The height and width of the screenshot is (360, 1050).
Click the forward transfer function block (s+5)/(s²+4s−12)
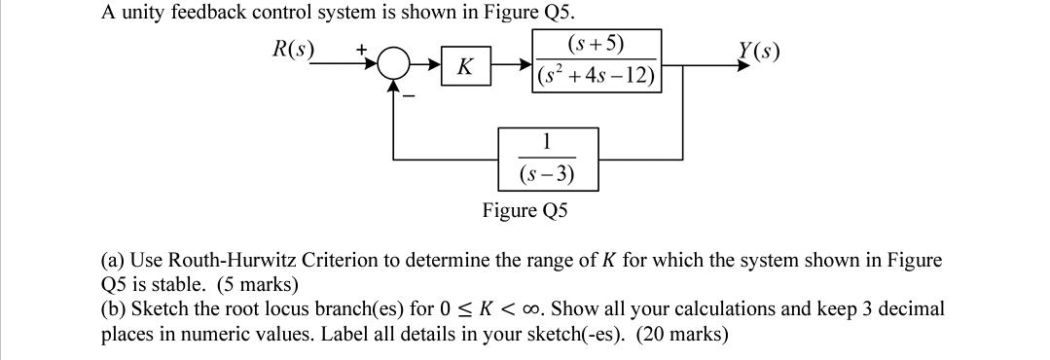point(597,60)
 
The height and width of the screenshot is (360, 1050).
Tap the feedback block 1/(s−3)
point(547,158)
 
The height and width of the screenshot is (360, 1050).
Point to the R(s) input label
point(292,50)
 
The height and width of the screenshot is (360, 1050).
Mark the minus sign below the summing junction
point(412,94)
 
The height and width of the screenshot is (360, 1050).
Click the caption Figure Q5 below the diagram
point(525,210)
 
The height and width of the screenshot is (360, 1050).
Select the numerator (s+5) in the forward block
point(596,44)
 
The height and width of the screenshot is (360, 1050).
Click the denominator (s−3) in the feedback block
point(547,175)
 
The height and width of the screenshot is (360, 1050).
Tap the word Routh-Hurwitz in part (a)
point(229,261)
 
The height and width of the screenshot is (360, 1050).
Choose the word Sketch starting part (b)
point(159,309)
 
